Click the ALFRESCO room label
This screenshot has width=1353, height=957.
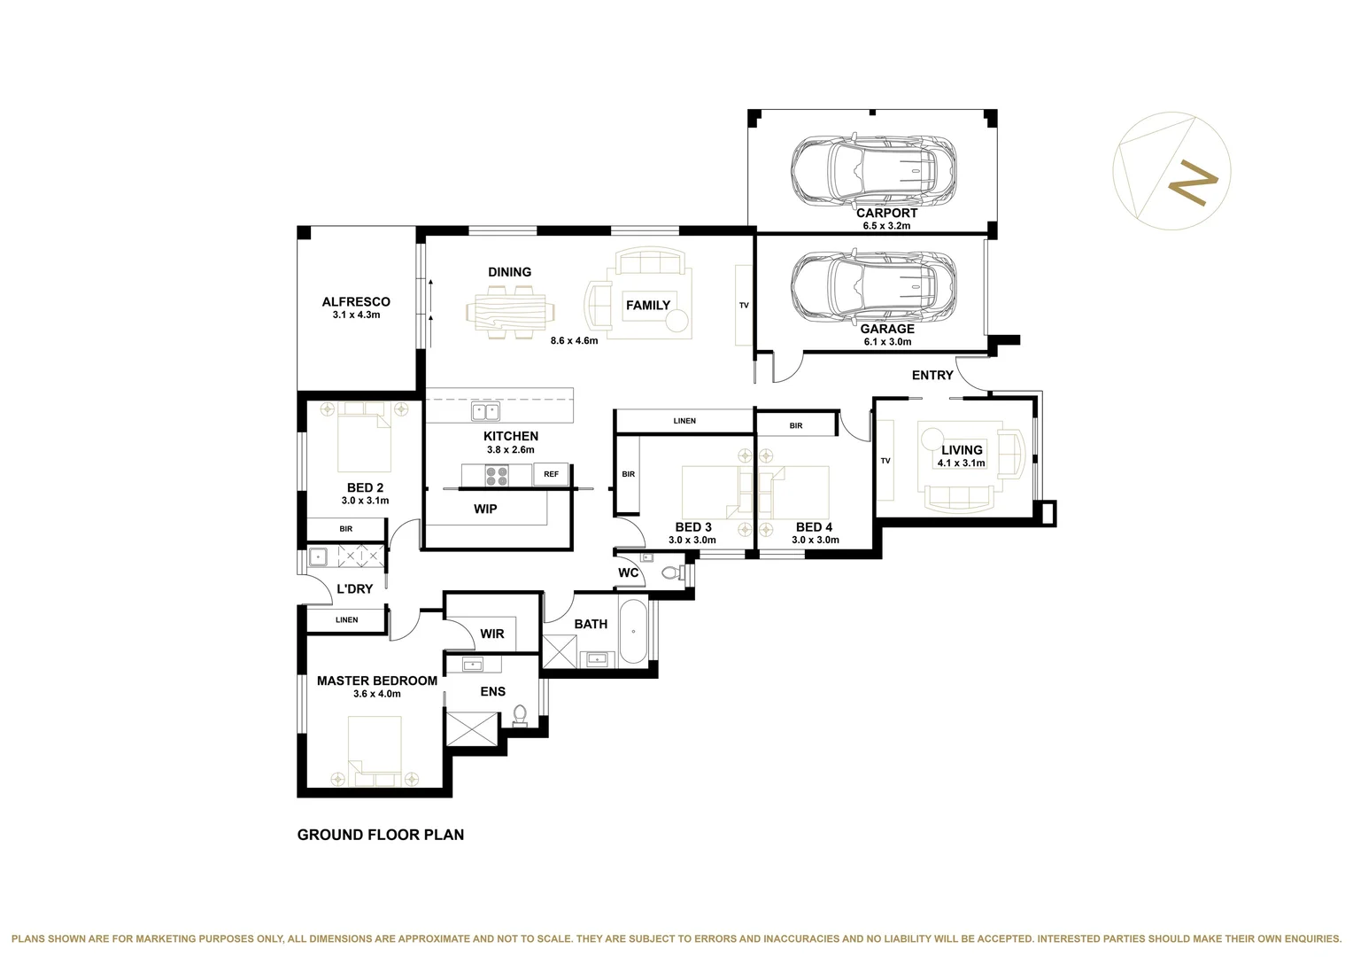click(x=356, y=302)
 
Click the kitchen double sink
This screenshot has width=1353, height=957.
click(x=485, y=411)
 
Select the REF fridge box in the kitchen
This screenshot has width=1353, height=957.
click(x=551, y=474)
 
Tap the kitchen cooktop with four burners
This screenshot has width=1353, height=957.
click(x=497, y=475)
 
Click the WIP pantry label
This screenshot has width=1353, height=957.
click(x=485, y=509)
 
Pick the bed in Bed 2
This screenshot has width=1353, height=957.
click(x=364, y=437)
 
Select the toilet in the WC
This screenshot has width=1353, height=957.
click(x=672, y=572)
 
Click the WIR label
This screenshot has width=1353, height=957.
click(x=492, y=634)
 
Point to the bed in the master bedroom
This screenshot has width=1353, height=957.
click(x=375, y=751)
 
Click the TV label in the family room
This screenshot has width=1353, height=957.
click(x=744, y=306)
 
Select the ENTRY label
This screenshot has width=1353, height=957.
click(x=932, y=376)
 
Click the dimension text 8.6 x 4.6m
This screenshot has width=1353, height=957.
click(x=574, y=340)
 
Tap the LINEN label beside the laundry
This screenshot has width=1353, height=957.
click(x=347, y=619)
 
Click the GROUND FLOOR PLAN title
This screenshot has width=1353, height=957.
click(x=381, y=835)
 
